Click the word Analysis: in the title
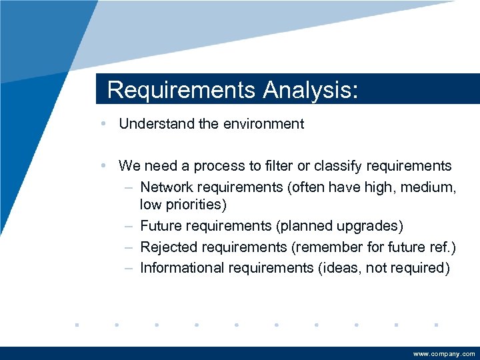click(x=311, y=90)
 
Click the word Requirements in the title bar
click(x=181, y=90)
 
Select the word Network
click(x=169, y=187)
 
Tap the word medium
click(x=429, y=187)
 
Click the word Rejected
click(x=168, y=247)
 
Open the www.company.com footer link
click(x=444, y=354)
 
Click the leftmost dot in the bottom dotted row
click(x=77, y=325)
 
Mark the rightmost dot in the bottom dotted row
click(x=435, y=325)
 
